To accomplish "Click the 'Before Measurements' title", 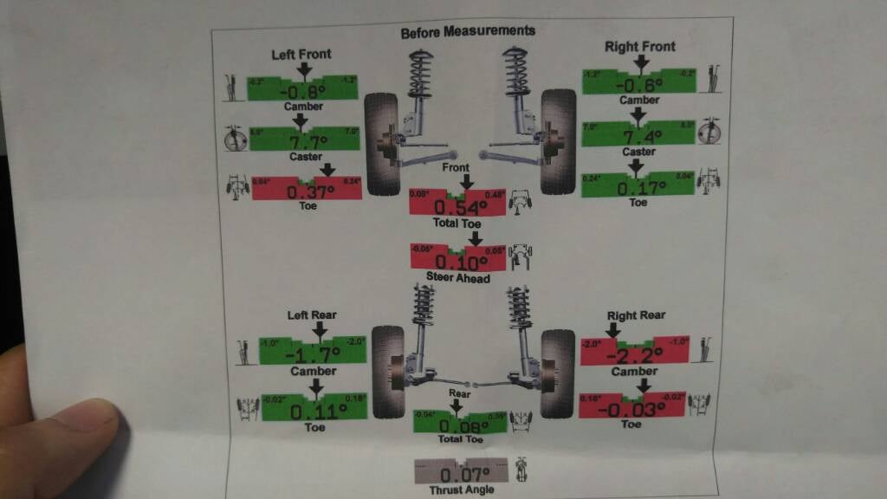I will click(468, 31).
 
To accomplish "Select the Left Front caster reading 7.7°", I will click(301, 140).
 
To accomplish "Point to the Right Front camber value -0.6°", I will click(638, 84).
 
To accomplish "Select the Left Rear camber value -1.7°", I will click(312, 353).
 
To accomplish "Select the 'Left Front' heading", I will click(301, 54).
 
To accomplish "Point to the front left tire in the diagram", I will click(381, 143).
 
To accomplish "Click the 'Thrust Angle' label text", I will click(461, 490).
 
